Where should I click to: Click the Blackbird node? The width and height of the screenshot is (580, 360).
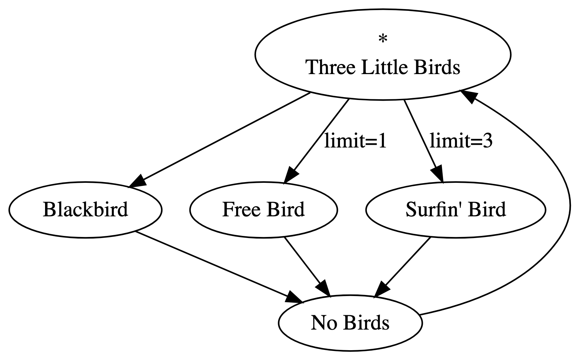point(85,210)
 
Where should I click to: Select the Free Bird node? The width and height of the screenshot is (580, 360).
point(263,210)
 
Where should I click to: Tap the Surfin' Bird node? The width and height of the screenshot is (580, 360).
point(455,210)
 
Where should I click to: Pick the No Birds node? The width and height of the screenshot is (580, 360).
point(350,323)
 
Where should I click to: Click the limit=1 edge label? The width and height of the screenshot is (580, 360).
point(355,141)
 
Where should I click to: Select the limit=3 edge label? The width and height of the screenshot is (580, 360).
point(461,141)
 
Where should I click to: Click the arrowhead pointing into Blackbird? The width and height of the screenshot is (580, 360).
point(137,182)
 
